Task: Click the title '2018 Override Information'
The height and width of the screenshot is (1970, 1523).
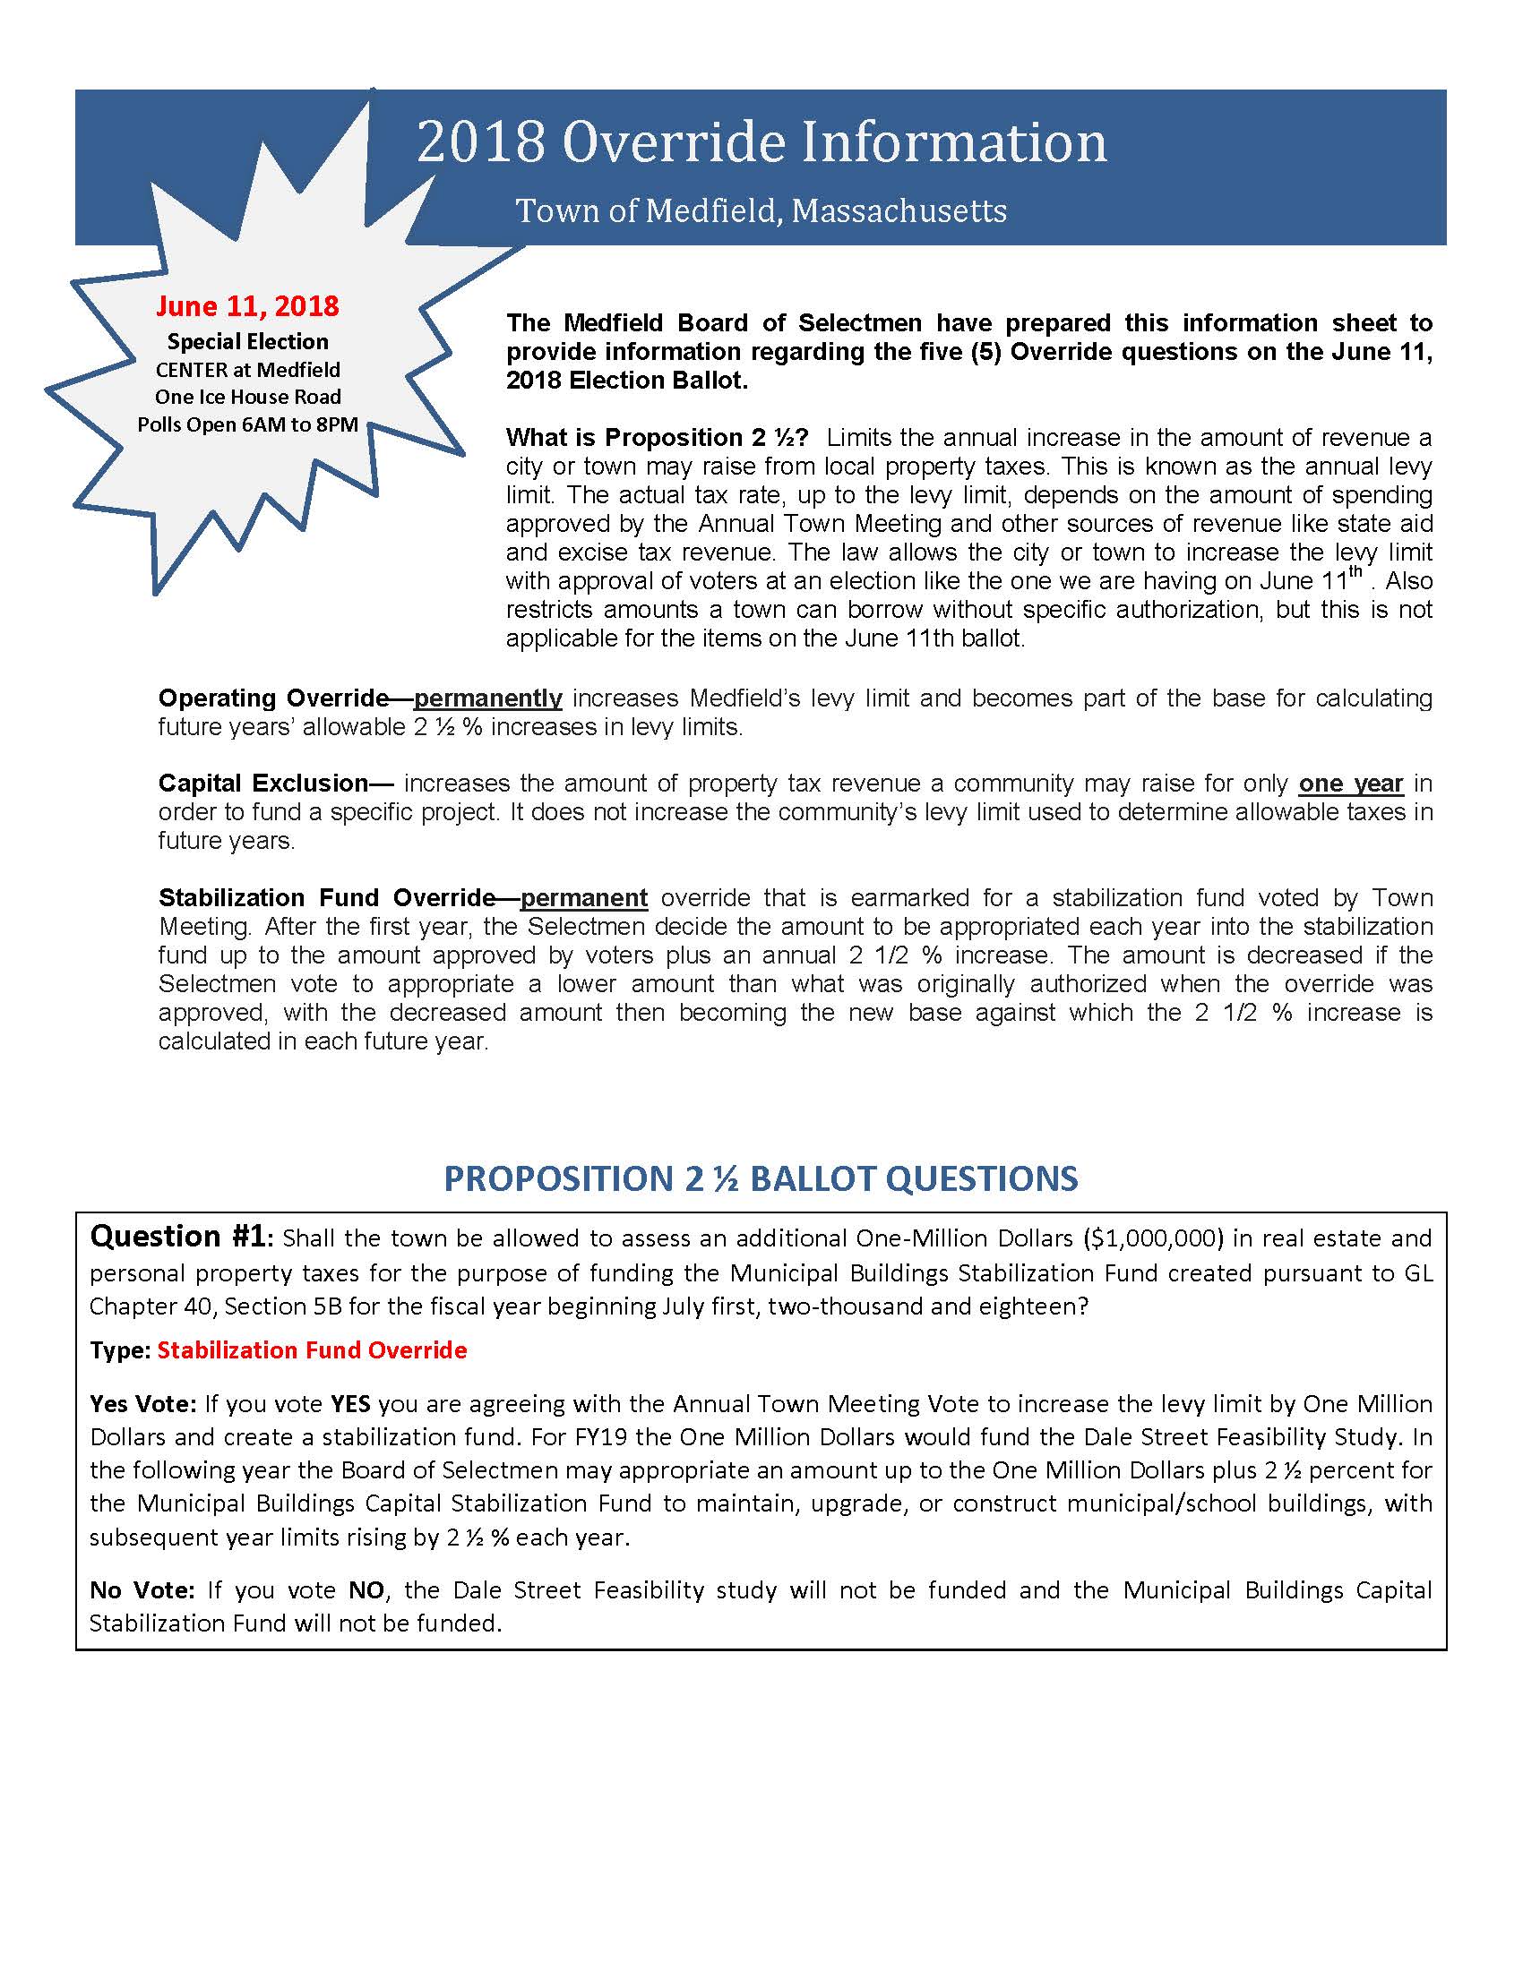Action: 761,143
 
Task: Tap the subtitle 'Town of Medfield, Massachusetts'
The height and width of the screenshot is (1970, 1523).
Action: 761,211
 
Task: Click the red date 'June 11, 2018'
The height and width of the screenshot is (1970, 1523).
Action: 247,305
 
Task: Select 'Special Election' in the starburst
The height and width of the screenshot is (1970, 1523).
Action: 247,342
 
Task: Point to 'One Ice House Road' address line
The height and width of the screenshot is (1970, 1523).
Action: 247,397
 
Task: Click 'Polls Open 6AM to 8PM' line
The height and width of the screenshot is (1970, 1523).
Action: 247,424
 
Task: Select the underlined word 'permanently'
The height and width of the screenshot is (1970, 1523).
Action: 488,698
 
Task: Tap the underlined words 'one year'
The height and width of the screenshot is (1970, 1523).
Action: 1351,783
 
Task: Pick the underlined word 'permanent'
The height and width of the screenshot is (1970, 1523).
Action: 584,897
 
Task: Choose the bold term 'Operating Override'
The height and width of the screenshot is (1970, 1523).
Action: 273,698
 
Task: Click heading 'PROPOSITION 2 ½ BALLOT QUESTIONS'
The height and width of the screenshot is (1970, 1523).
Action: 761,1179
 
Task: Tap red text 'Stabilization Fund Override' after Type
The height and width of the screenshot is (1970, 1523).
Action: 312,1350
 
